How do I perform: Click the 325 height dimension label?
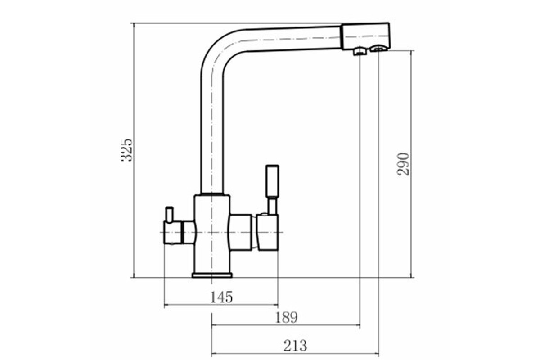(126, 150)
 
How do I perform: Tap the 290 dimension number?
(403, 164)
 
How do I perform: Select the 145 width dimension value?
(221, 297)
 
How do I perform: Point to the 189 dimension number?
(286, 317)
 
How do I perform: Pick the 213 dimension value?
(295, 346)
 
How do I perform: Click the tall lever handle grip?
(272, 181)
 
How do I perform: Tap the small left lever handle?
(169, 214)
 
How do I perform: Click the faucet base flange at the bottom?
(212, 275)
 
